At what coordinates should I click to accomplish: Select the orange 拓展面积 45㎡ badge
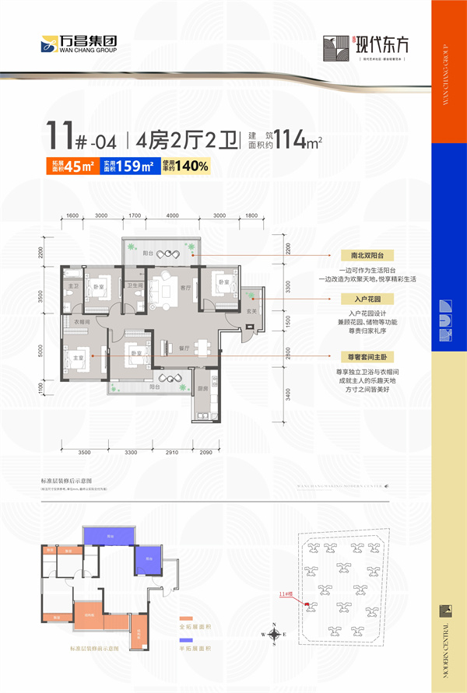(74, 165)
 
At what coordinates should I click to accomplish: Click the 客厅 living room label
(185, 287)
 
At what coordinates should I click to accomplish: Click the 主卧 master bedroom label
(78, 358)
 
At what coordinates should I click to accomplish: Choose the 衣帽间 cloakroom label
(82, 321)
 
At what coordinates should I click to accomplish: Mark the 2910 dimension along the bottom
(172, 452)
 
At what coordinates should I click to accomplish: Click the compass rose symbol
(276, 634)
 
